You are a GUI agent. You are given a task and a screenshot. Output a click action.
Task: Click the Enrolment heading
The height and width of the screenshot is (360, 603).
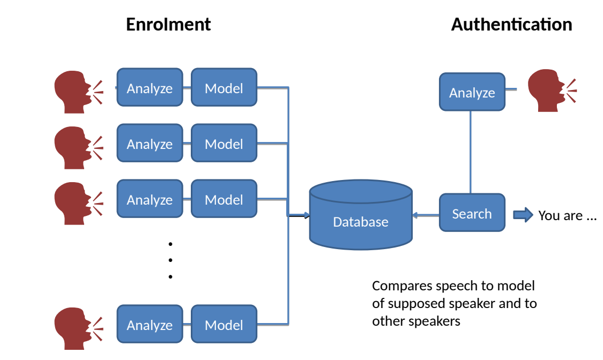pyautogui.click(x=168, y=25)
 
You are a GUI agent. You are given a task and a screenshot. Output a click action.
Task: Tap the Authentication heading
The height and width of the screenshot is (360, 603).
pyautogui.click(x=511, y=25)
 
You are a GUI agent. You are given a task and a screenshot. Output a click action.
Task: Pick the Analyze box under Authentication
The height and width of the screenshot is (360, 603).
pyautogui.click(x=472, y=92)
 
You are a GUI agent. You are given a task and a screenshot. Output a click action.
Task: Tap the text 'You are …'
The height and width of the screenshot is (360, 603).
pyautogui.click(x=567, y=215)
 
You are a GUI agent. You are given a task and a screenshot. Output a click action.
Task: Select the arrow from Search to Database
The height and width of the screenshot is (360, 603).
pyautogui.click(x=426, y=215)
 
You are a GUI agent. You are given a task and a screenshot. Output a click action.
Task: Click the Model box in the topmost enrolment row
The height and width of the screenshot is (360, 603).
pyautogui.click(x=224, y=87)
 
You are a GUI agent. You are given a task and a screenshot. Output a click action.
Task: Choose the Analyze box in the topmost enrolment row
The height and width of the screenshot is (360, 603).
pyautogui.click(x=150, y=87)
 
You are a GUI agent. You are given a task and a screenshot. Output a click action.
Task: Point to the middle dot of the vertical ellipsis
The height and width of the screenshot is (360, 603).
pyautogui.click(x=170, y=260)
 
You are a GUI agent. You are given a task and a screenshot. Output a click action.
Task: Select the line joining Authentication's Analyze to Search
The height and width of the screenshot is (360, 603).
pyautogui.click(x=471, y=153)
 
